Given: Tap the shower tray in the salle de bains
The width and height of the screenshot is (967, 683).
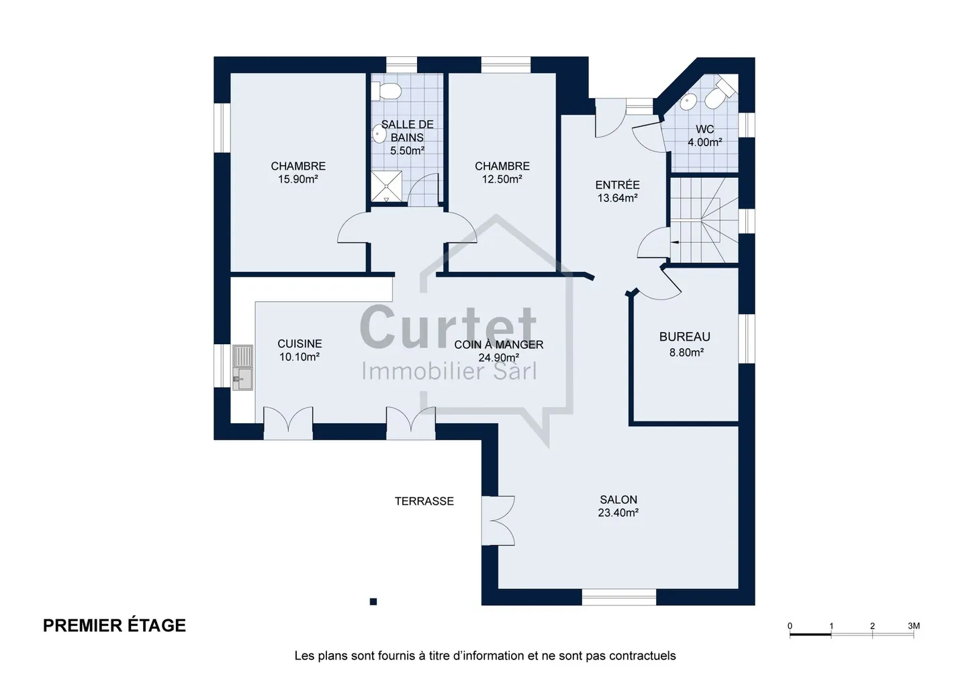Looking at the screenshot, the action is [386, 187].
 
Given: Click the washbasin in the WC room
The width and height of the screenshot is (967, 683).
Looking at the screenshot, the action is [687, 102].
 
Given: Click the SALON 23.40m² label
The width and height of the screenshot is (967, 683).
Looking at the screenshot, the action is [618, 506].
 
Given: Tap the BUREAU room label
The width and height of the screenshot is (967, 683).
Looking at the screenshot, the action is [685, 337].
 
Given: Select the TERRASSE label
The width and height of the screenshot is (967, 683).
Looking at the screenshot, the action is [424, 501].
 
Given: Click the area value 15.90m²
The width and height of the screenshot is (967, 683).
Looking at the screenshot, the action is [298, 179].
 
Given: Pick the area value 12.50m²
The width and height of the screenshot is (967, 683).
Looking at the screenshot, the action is [502, 179].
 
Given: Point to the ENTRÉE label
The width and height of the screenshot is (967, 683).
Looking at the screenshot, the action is [617, 185].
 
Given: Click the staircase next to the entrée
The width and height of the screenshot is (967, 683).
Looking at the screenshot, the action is [704, 219].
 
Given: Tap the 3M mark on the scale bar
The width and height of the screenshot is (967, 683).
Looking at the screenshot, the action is [913, 626].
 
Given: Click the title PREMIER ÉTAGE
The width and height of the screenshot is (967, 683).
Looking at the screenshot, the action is [114, 626].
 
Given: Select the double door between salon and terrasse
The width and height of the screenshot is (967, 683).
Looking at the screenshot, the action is [498, 521].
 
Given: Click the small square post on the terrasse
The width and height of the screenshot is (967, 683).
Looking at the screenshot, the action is [373, 602].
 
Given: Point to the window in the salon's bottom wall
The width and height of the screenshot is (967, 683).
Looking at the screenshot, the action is [619, 596].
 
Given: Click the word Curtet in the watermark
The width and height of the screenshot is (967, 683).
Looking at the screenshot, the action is [448, 327].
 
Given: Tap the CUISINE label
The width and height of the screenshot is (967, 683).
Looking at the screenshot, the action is [300, 344].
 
